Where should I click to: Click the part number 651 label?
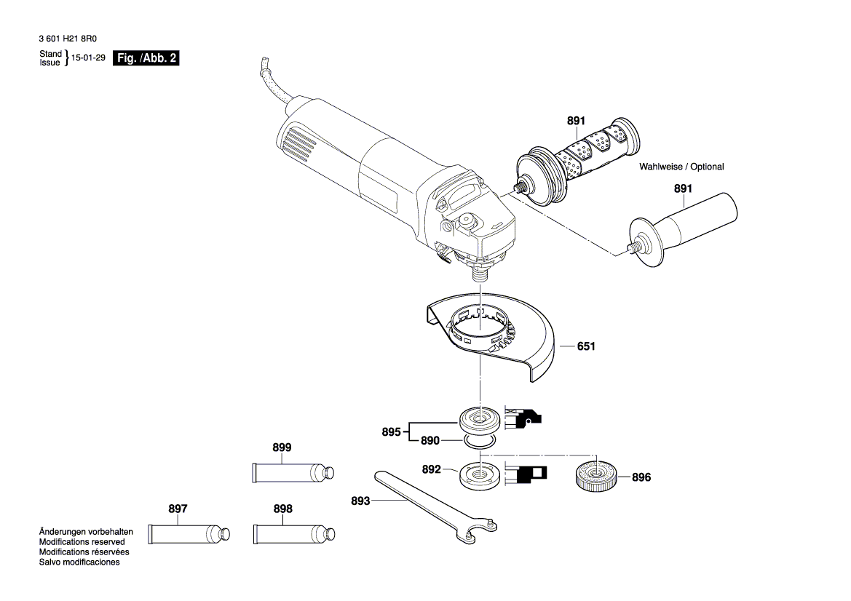(x=586, y=347)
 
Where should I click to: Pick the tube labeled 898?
(x=294, y=534)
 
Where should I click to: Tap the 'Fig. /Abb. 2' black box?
(x=146, y=59)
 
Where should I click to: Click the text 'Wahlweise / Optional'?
(x=681, y=167)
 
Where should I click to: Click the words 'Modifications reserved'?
(x=82, y=542)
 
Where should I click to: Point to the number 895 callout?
(x=391, y=431)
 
